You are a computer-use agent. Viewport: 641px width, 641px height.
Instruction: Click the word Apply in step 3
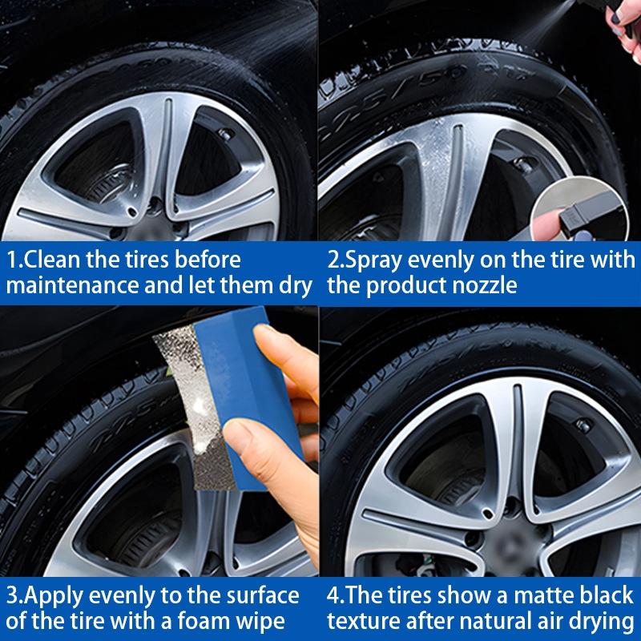click(54, 597)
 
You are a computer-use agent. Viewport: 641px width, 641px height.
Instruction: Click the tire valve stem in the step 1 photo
click(225, 135)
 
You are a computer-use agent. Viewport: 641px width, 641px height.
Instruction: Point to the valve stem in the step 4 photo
click(583, 426)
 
